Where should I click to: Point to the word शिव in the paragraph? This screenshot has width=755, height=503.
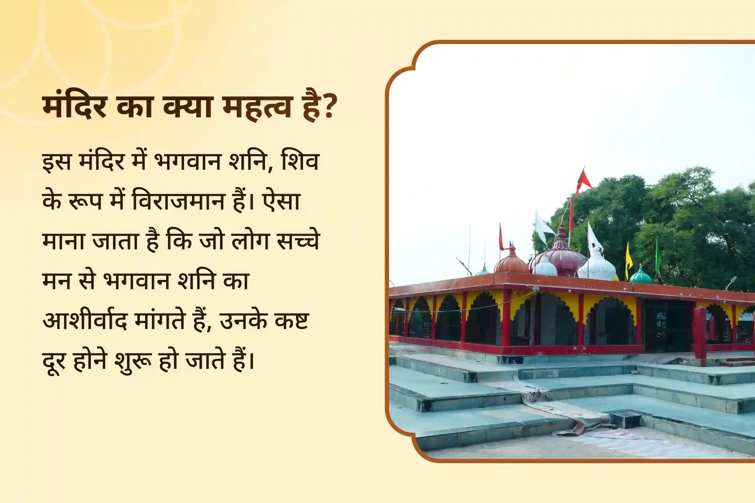click(x=300, y=162)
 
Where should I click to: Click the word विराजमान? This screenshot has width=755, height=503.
click(x=178, y=202)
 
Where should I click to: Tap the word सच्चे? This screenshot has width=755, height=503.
click(x=297, y=241)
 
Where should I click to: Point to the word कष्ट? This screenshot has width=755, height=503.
click(x=292, y=321)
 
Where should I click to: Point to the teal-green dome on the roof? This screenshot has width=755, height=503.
click(x=640, y=276)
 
